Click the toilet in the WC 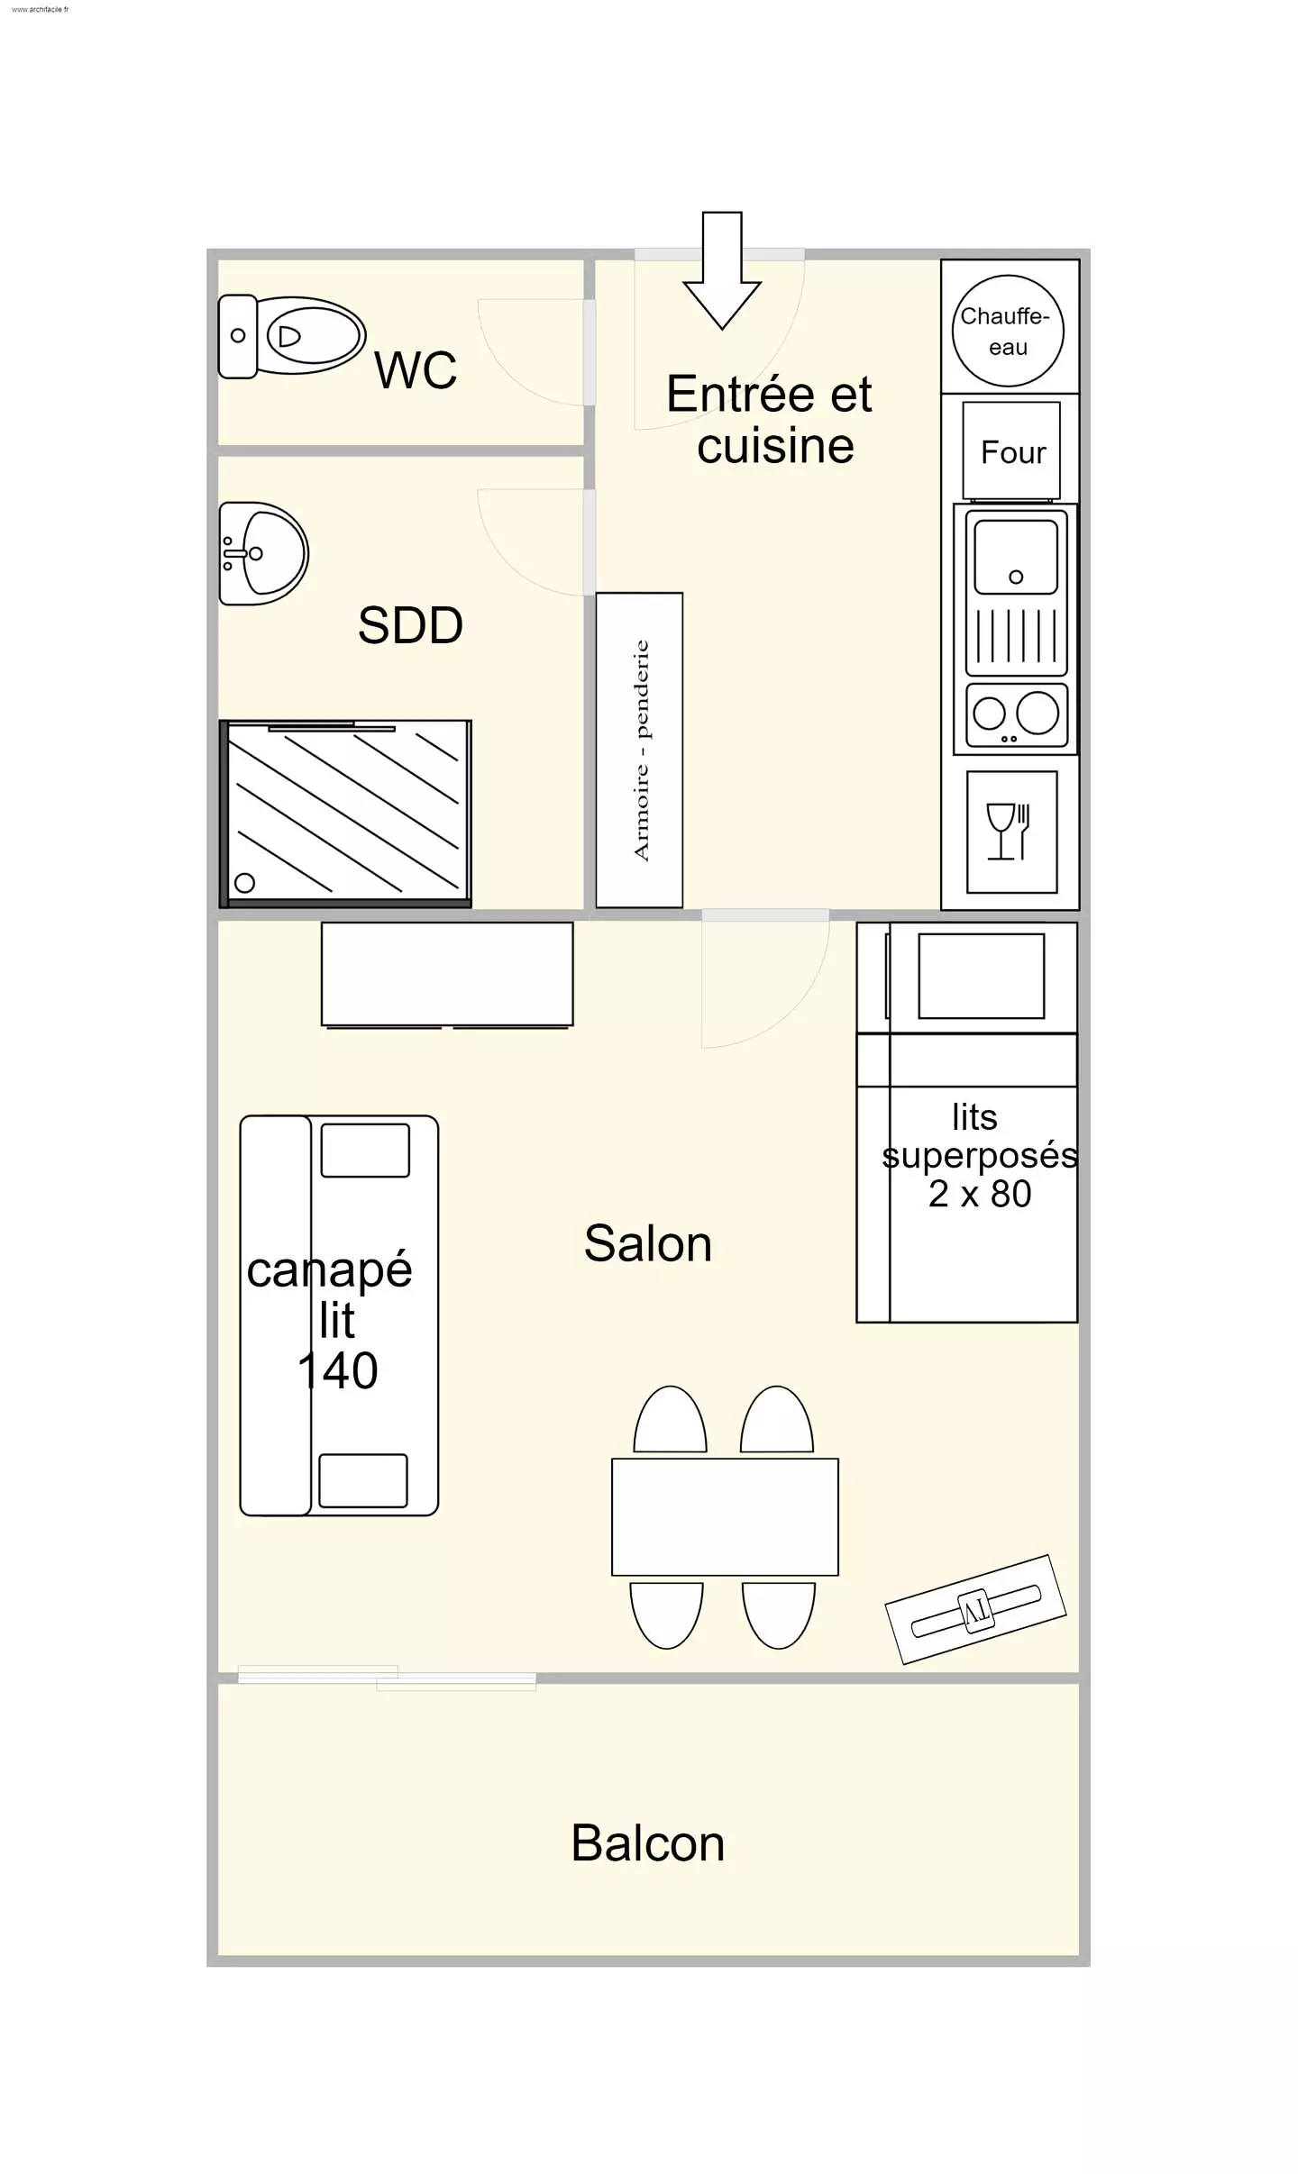click(x=292, y=337)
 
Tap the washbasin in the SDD click(x=264, y=553)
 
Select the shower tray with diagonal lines click(x=346, y=813)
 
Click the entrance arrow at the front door click(x=722, y=270)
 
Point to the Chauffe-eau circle click(x=1008, y=331)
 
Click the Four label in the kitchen click(x=1013, y=452)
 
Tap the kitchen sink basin click(x=1017, y=556)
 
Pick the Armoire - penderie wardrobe click(x=639, y=750)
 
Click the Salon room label click(x=648, y=1243)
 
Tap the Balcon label click(x=648, y=1842)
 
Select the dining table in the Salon click(x=725, y=1517)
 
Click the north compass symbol click(x=976, y=1609)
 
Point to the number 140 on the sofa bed click(x=338, y=1370)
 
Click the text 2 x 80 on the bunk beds click(x=980, y=1194)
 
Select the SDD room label click(x=410, y=625)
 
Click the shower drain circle click(x=244, y=883)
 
